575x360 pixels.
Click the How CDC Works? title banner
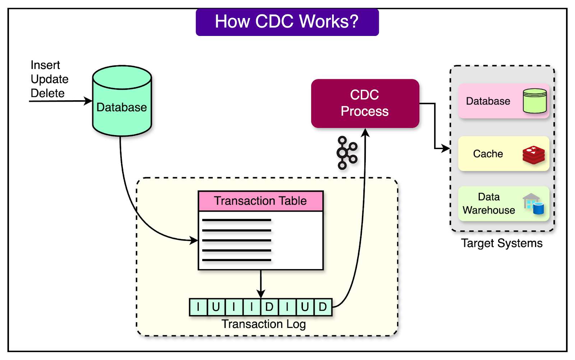(287, 22)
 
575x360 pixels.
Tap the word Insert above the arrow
(45, 65)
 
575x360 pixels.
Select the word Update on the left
(50, 79)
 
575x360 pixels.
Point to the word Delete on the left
(47, 93)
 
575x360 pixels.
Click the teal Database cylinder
(122, 104)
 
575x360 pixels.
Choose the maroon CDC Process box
(365, 103)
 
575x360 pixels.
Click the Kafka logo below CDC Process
(347, 153)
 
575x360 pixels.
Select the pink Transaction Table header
(261, 201)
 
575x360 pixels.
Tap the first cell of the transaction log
(198, 307)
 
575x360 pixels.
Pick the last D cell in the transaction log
(323, 307)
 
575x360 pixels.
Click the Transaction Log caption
(263, 324)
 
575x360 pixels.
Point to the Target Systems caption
(502, 243)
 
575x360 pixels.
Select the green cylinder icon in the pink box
(535, 101)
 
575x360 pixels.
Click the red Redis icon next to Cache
(534, 154)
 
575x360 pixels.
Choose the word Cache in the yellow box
(488, 154)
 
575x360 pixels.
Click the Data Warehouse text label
(489, 203)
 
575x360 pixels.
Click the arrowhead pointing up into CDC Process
(365, 133)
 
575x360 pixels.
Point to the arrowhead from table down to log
(261, 294)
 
